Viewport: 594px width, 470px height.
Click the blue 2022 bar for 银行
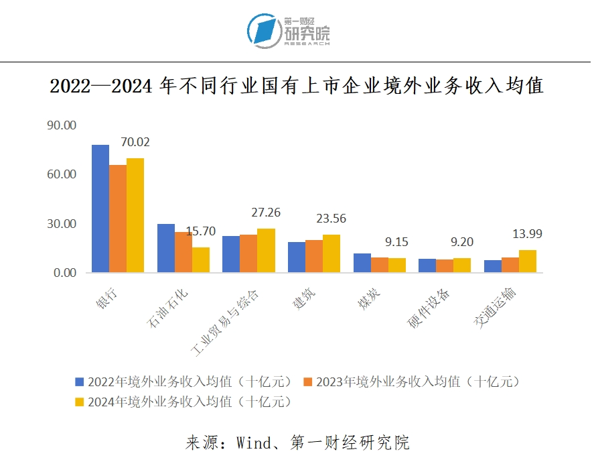tap(100, 209)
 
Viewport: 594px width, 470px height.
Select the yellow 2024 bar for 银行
tap(135, 215)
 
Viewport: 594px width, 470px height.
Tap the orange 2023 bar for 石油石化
tap(183, 252)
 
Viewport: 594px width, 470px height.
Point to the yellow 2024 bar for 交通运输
tap(528, 261)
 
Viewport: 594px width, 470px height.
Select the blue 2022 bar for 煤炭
tap(362, 263)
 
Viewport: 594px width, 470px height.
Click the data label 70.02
tap(135, 142)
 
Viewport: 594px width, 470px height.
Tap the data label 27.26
tap(266, 213)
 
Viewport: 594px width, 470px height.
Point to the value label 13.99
tap(528, 234)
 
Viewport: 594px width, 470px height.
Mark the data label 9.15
tap(397, 242)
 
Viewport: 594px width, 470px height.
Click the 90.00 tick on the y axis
tap(62, 125)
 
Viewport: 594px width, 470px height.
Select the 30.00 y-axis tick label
tap(62, 224)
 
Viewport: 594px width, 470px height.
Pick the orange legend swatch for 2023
tap(309, 381)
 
